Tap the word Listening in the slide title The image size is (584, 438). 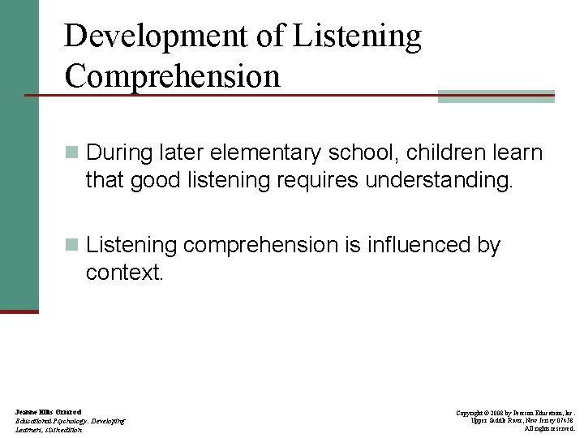[358, 36]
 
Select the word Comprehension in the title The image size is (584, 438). [172, 76]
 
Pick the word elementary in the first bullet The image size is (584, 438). [283, 152]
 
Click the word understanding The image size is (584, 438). [440, 180]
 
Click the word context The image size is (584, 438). [125, 273]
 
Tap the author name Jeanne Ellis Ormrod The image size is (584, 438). [48, 412]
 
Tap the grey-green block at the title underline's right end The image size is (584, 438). [496, 96]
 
